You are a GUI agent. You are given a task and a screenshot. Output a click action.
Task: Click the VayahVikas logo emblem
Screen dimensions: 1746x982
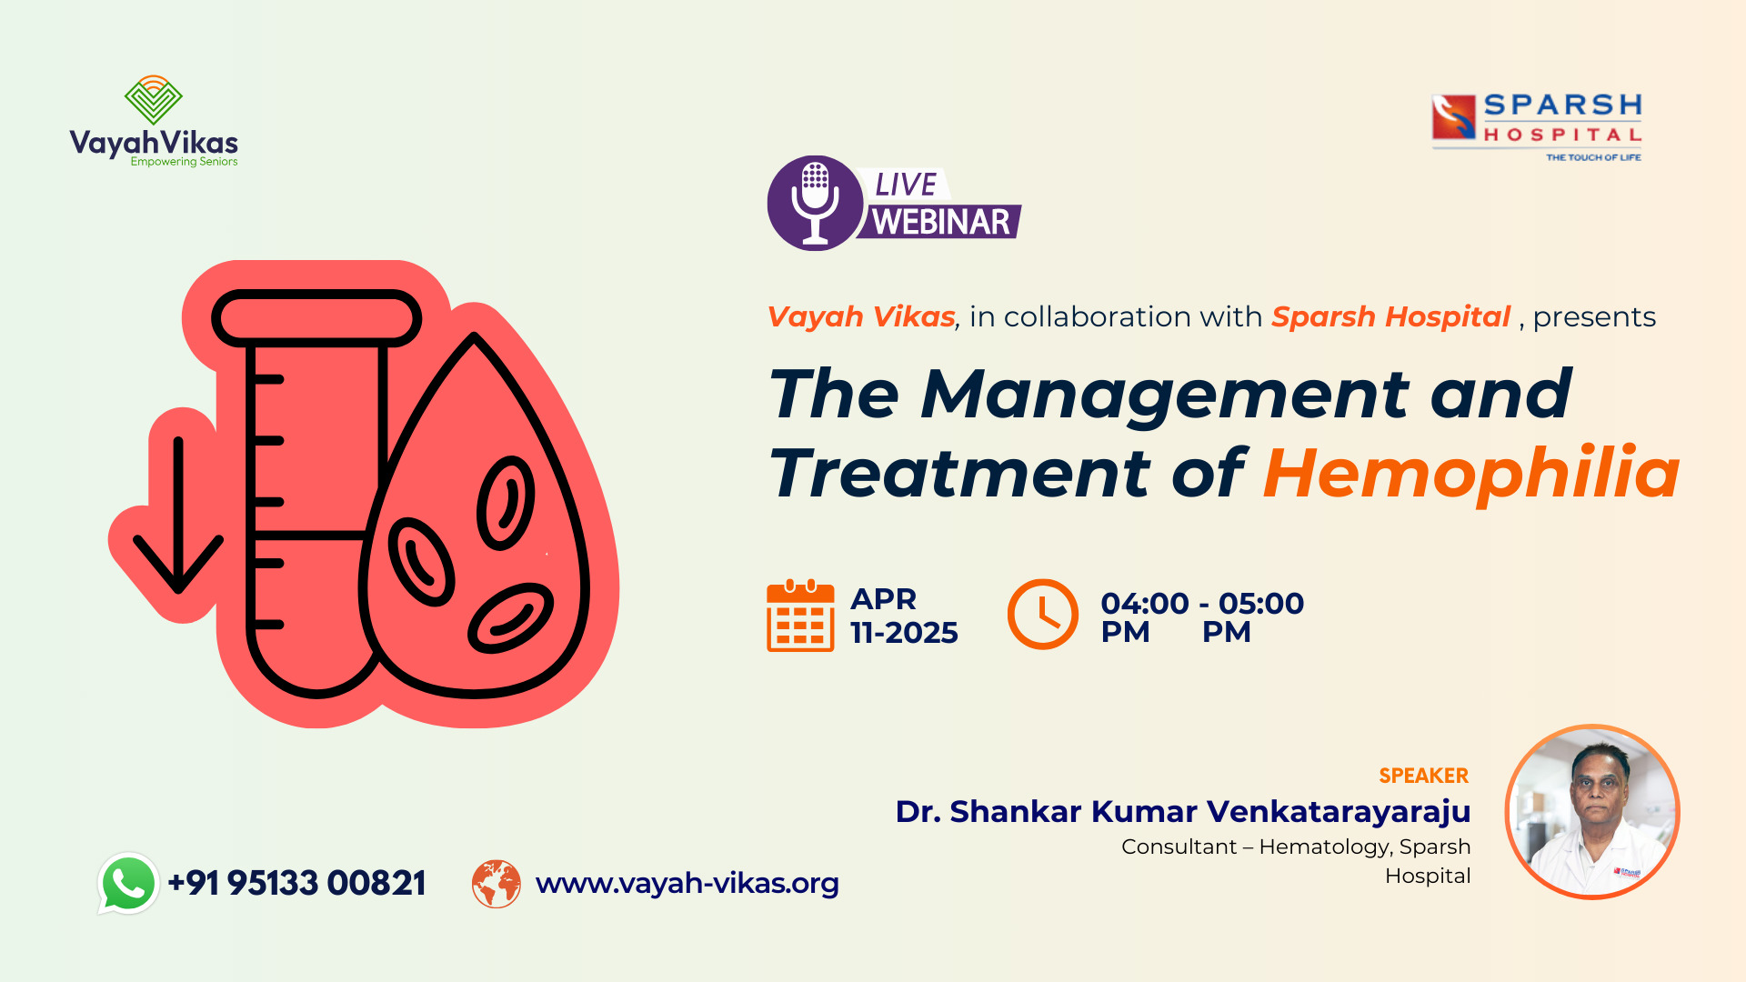[154, 99]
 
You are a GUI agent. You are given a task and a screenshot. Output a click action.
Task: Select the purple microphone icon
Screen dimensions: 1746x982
[815, 203]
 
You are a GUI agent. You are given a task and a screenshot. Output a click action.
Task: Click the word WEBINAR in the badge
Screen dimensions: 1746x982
[940, 222]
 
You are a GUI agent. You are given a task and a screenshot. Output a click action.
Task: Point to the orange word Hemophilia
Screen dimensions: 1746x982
[1471, 474]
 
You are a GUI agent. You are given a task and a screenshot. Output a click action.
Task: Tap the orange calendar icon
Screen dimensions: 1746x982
[800, 616]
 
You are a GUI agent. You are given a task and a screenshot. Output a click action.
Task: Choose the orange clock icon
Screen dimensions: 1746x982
[1042, 614]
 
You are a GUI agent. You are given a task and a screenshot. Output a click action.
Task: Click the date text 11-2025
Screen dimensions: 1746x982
[904, 633]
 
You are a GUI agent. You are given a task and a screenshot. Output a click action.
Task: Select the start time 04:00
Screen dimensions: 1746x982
[1145, 603]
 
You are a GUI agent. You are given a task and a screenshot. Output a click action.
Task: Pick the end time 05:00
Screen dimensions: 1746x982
[1261, 603]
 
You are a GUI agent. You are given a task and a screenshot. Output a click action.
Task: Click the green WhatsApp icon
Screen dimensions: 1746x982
[128, 883]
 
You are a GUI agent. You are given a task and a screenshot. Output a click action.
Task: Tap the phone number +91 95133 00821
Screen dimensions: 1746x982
[296, 883]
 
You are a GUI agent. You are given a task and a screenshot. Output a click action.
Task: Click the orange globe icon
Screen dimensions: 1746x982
[497, 884]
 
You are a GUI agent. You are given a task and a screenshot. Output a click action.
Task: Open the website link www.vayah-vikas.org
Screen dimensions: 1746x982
[687, 883]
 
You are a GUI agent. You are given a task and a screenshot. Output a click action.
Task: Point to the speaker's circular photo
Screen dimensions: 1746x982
[1592, 812]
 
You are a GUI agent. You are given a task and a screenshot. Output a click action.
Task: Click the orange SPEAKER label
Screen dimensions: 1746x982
[1424, 776]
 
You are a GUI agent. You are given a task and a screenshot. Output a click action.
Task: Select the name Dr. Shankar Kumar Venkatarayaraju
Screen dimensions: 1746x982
[1183, 811]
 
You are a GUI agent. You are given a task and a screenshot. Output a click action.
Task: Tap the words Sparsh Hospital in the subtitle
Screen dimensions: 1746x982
[1390, 316]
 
